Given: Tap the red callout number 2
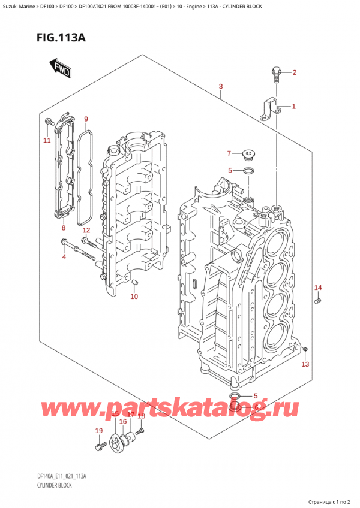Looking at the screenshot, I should pos(294,74).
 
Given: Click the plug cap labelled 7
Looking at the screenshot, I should pos(248,156).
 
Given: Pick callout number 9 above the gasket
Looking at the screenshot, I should pos(86,119).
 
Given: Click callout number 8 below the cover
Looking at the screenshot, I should pos(62,228).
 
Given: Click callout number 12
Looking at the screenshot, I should pos(86,231).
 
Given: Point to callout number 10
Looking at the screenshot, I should pos(134,297).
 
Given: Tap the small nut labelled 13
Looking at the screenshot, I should pos(306,349).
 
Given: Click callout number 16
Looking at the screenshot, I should pos(122,422).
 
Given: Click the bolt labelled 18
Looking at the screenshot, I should pos(140,430).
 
